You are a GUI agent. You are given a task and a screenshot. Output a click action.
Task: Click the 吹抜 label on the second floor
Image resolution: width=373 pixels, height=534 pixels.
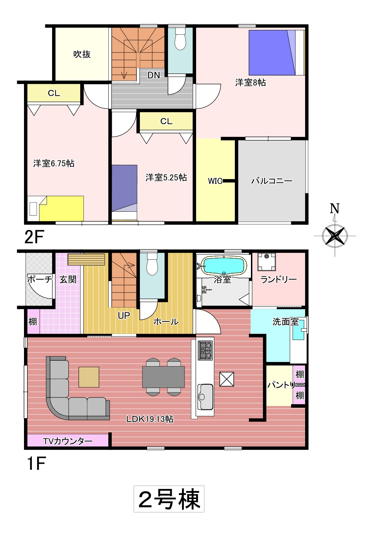(x=82, y=54)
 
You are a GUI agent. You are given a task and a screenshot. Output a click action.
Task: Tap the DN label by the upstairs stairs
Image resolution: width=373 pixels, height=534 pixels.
(x=154, y=76)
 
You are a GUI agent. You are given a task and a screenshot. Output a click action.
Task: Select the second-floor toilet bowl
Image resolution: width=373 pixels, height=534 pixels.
(x=180, y=39)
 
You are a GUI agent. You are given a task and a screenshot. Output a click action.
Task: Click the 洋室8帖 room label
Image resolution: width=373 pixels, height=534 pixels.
(x=250, y=82)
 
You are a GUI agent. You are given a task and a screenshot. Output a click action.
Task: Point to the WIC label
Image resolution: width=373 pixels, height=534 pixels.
(x=215, y=181)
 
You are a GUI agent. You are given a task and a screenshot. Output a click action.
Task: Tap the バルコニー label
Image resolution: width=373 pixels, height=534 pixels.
(x=272, y=181)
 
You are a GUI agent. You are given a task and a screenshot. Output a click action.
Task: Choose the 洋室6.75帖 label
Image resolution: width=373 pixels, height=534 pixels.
(x=54, y=164)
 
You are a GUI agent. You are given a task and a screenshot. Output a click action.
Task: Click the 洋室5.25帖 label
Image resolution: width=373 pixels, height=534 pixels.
(x=166, y=178)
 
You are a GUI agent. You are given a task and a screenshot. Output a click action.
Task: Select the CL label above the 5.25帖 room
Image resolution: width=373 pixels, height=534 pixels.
(x=166, y=121)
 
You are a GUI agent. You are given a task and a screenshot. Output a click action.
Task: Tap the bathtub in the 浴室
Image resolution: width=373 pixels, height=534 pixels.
(x=224, y=266)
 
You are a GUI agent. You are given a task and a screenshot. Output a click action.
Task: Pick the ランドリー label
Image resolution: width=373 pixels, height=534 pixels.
(x=278, y=279)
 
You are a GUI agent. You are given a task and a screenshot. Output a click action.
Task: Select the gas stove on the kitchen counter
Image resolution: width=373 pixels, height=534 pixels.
(x=206, y=350)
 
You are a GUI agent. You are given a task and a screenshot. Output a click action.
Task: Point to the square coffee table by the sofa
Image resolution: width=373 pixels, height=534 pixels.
(x=89, y=377)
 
